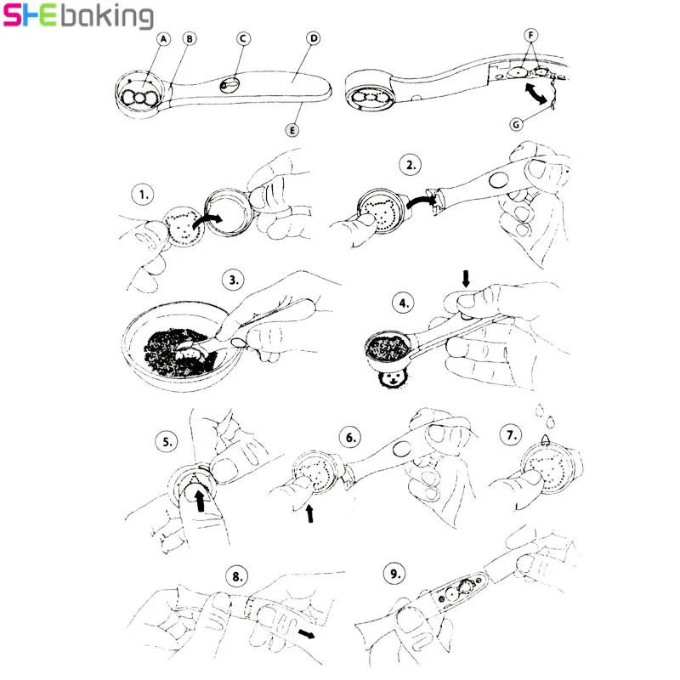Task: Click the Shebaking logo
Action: coord(78,16)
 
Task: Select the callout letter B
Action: coord(190,38)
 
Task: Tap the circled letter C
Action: coord(242,38)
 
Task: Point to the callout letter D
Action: coord(313,38)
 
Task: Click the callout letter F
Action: coord(532,35)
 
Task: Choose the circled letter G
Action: coord(516,124)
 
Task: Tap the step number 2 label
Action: coord(411,166)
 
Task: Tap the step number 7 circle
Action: coord(512,435)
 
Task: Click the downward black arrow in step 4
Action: coord(465,277)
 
